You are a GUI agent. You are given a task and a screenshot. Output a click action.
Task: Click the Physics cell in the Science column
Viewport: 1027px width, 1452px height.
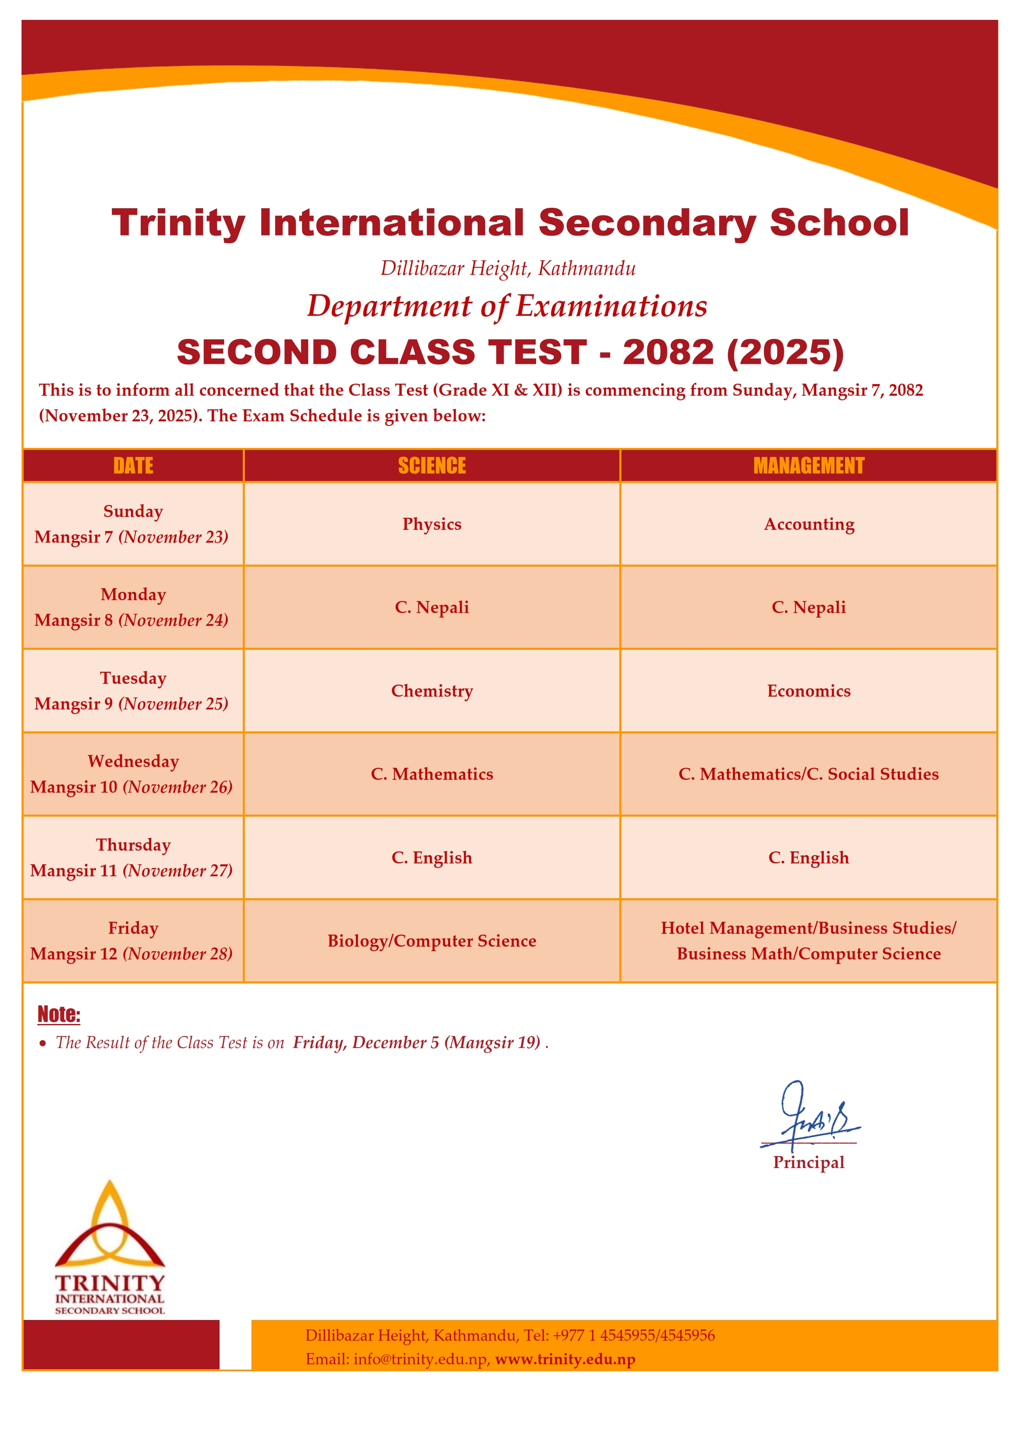click(432, 524)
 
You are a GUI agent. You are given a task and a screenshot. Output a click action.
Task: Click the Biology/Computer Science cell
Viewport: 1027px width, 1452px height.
click(432, 941)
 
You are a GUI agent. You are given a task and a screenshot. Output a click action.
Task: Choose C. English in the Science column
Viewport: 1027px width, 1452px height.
click(432, 858)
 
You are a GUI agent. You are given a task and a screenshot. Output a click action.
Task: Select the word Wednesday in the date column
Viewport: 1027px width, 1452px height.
click(133, 762)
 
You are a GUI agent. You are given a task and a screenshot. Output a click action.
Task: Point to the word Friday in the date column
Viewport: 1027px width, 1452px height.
click(133, 928)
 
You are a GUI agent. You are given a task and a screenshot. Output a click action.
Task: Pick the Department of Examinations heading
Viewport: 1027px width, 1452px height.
click(507, 306)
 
